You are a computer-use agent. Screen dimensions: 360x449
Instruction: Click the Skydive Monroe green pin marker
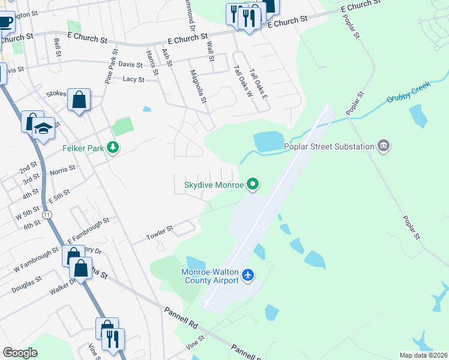click(253, 185)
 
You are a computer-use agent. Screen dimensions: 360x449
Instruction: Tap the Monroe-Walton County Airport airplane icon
click(249, 275)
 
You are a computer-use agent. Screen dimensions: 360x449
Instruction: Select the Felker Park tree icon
click(112, 148)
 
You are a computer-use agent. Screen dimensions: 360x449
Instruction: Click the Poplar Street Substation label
click(329, 146)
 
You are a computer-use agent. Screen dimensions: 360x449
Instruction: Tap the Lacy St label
click(133, 79)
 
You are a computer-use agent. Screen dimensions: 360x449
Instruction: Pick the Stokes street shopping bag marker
click(79, 100)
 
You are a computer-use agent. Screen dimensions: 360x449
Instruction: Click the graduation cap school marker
click(43, 129)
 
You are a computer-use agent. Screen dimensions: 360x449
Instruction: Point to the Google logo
click(20, 353)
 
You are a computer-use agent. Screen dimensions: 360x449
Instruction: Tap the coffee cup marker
click(5, 22)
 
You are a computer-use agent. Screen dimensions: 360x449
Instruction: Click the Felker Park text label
click(83, 148)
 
